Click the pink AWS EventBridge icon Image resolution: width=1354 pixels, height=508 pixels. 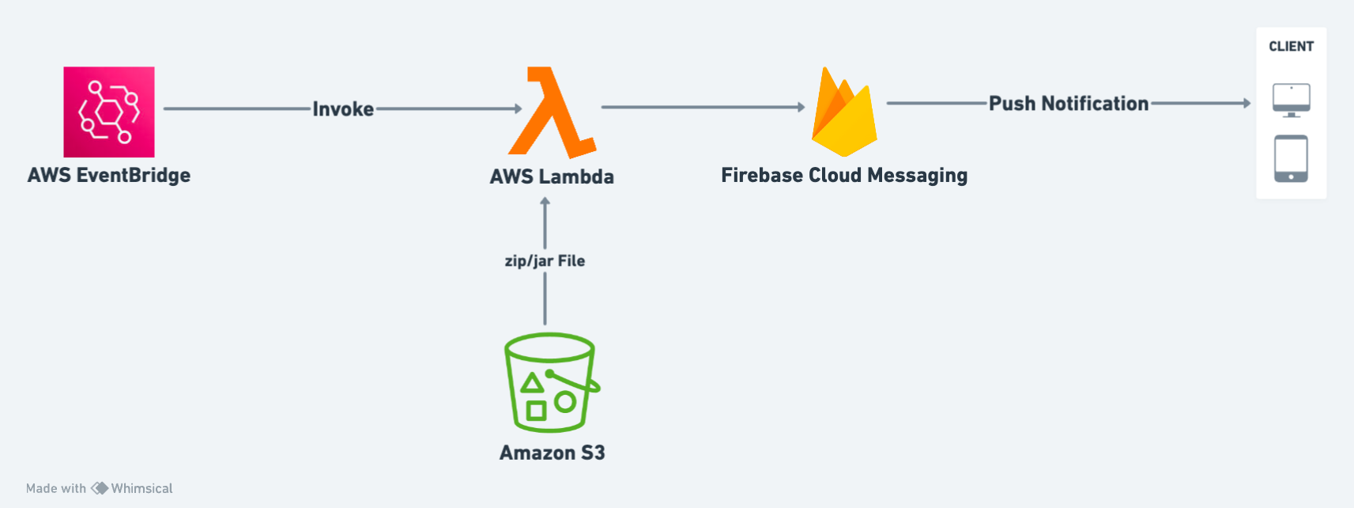tap(109, 112)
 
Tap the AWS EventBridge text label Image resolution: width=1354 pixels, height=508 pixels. tap(109, 175)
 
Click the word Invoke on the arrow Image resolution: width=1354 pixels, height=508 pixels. tap(343, 108)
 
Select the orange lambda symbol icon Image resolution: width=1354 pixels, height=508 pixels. tap(551, 112)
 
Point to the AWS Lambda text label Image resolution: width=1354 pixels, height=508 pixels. tap(552, 176)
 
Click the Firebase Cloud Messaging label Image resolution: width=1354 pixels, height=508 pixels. tap(843, 175)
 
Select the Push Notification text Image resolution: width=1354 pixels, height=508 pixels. tap(1069, 104)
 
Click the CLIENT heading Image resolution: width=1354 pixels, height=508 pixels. tap(1291, 47)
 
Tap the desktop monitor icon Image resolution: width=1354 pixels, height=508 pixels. tap(1291, 100)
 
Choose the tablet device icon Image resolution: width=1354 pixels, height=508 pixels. tap(1291, 158)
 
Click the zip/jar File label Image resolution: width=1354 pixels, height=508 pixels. tap(545, 261)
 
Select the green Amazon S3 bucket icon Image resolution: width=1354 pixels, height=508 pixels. tap(551, 383)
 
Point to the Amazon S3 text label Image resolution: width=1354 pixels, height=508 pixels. tap(552, 453)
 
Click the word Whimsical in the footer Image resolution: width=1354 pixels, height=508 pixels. tap(141, 488)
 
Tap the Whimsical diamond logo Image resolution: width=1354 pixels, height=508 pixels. tap(100, 488)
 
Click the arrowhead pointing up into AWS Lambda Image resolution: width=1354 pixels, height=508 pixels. tap(545, 202)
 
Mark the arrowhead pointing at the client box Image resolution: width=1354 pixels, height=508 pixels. tap(1247, 103)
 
